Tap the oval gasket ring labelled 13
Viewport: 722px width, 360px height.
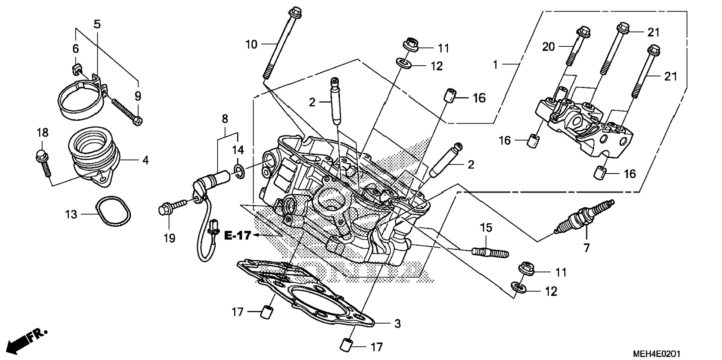click(113, 211)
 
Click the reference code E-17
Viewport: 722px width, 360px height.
click(237, 236)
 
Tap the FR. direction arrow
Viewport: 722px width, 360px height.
click(27, 341)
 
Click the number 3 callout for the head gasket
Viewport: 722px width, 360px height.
click(397, 324)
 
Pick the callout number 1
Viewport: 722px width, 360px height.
click(495, 65)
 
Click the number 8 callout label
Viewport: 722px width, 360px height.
click(225, 120)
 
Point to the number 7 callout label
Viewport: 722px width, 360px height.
click(586, 248)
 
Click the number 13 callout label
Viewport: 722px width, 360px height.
click(71, 215)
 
